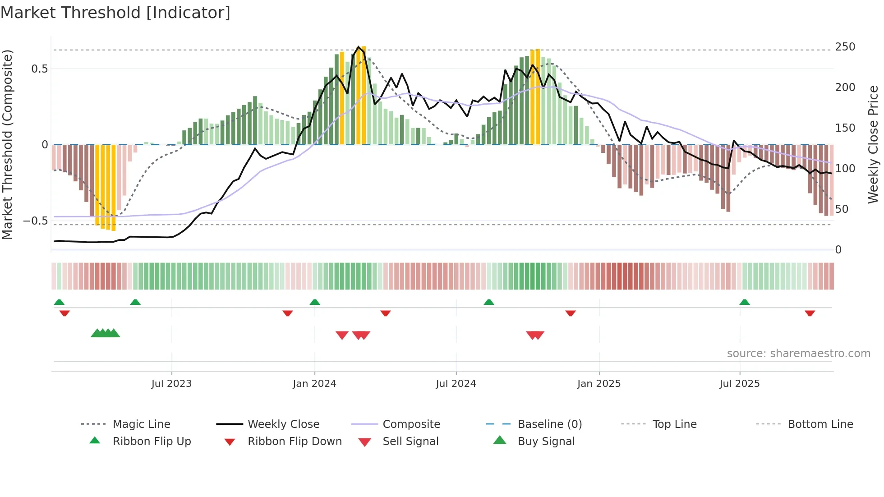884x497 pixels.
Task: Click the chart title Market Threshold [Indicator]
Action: pyautogui.click(x=115, y=13)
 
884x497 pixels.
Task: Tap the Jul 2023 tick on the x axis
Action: pyautogui.click(x=171, y=384)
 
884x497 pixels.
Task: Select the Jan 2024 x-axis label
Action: pyautogui.click(x=314, y=384)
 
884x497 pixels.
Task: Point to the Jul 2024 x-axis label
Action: pyautogui.click(x=456, y=384)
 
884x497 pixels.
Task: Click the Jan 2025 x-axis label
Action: pyautogui.click(x=599, y=384)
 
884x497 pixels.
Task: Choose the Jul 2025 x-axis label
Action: pyautogui.click(x=740, y=384)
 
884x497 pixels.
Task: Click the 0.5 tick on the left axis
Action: pyautogui.click(x=40, y=69)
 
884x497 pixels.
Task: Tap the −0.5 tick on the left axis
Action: pyautogui.click(x=36, y=221)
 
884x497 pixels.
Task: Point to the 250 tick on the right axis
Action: pyautogui.click(x=845, y=47)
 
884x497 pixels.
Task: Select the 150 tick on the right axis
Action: pyautogui.click(x=845, y=128)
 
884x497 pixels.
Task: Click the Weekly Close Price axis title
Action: pyautogui.click(x=873, y=144)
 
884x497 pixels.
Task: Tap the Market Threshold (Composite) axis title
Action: pyautogui.click(x=7, y=144)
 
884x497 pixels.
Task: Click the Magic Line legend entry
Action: pyautogui.click(x=141, y=424)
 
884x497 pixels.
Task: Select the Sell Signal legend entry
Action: pyautogui.click(x=410, y=442)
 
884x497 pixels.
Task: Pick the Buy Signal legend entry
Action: pyautogui.click(x=546, y=442)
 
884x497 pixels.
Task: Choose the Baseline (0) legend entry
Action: pyautogui.click(x=549, y=424)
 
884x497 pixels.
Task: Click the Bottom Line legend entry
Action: pyautogui.click(x=820, y=424)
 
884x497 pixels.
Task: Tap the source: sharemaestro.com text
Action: pyautogui.click(x=798, y=354)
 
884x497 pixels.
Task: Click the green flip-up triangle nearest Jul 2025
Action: pyautogui.click(x=745, y=302)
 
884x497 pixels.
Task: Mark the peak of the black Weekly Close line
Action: pyautogui.click(x=359, y=46)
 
